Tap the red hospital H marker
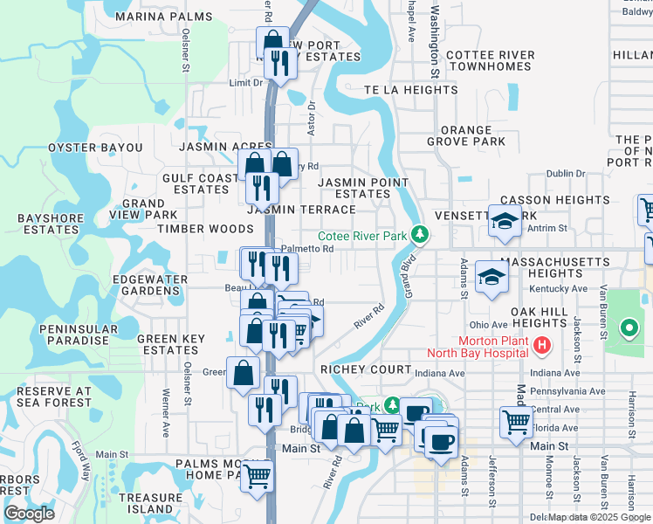pos(542,346)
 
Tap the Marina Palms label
pos(153,17)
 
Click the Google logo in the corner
pos(29,514)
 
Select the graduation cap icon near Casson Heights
pos(505,221)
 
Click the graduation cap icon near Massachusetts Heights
pos(491,277)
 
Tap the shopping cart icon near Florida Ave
pos(516,422)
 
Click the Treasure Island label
pos(146,503)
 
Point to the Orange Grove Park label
pos(466,135)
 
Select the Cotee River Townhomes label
pos(490,61)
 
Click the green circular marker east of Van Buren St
pos(628,329)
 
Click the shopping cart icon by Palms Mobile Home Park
pos(257,475)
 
